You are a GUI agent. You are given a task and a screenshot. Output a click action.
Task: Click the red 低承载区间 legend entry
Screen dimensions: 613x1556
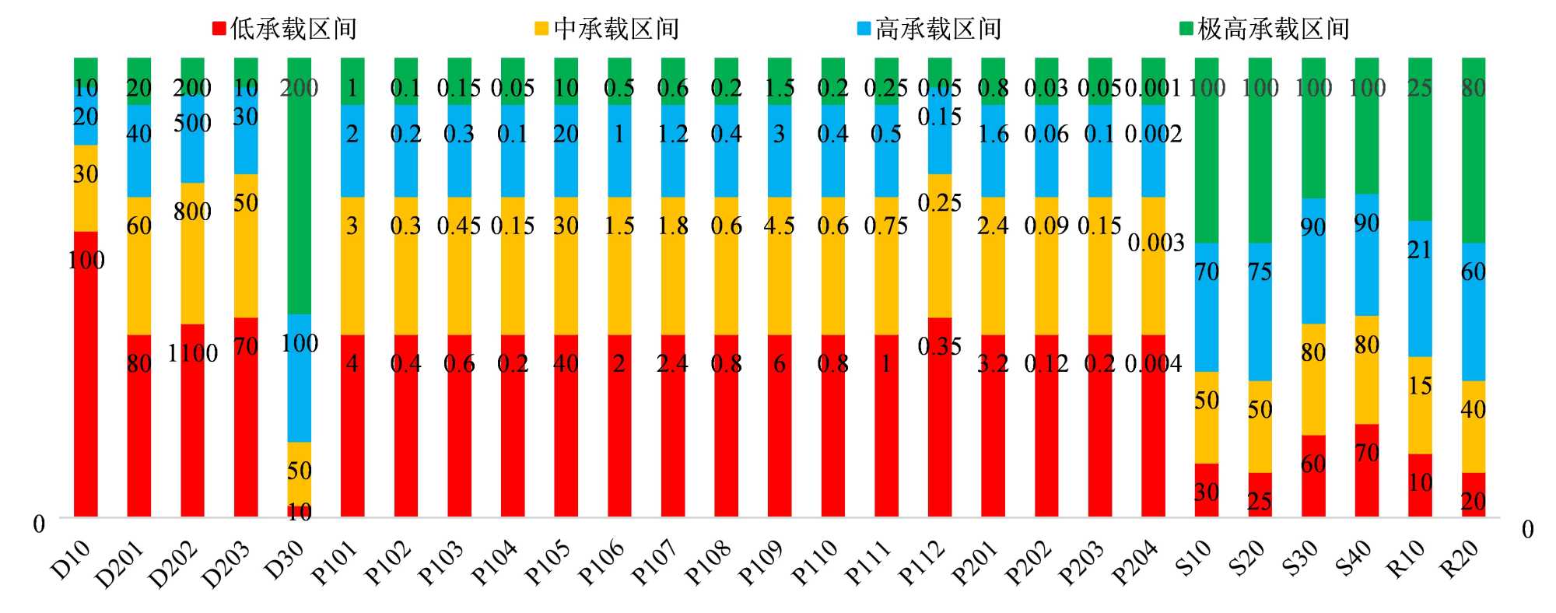[x=285, y=29]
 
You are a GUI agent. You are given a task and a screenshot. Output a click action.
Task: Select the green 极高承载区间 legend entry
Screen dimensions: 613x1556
[x=1264, y=29]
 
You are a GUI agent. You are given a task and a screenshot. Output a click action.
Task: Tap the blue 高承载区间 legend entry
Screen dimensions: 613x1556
[x=929, y=29]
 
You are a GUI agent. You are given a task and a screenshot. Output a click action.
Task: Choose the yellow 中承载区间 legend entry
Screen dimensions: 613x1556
[x=607, y=29]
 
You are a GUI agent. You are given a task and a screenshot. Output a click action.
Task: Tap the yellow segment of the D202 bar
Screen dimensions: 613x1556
[x=192, y=253]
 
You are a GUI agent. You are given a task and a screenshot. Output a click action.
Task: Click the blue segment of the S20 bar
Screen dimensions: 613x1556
[x=1260, y=311]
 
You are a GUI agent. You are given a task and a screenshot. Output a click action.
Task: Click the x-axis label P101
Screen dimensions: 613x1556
[x=335, y=562]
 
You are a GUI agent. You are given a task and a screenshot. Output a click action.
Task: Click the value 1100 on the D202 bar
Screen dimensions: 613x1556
[x=192, y=353]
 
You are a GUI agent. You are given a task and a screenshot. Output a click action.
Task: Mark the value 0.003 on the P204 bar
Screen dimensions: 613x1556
[x=1155, y=243]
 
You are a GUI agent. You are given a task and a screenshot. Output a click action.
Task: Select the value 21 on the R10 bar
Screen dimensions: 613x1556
[x=1419, y=250]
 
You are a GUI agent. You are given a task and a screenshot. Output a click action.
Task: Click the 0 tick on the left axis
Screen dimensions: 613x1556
[x=39, y=524]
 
